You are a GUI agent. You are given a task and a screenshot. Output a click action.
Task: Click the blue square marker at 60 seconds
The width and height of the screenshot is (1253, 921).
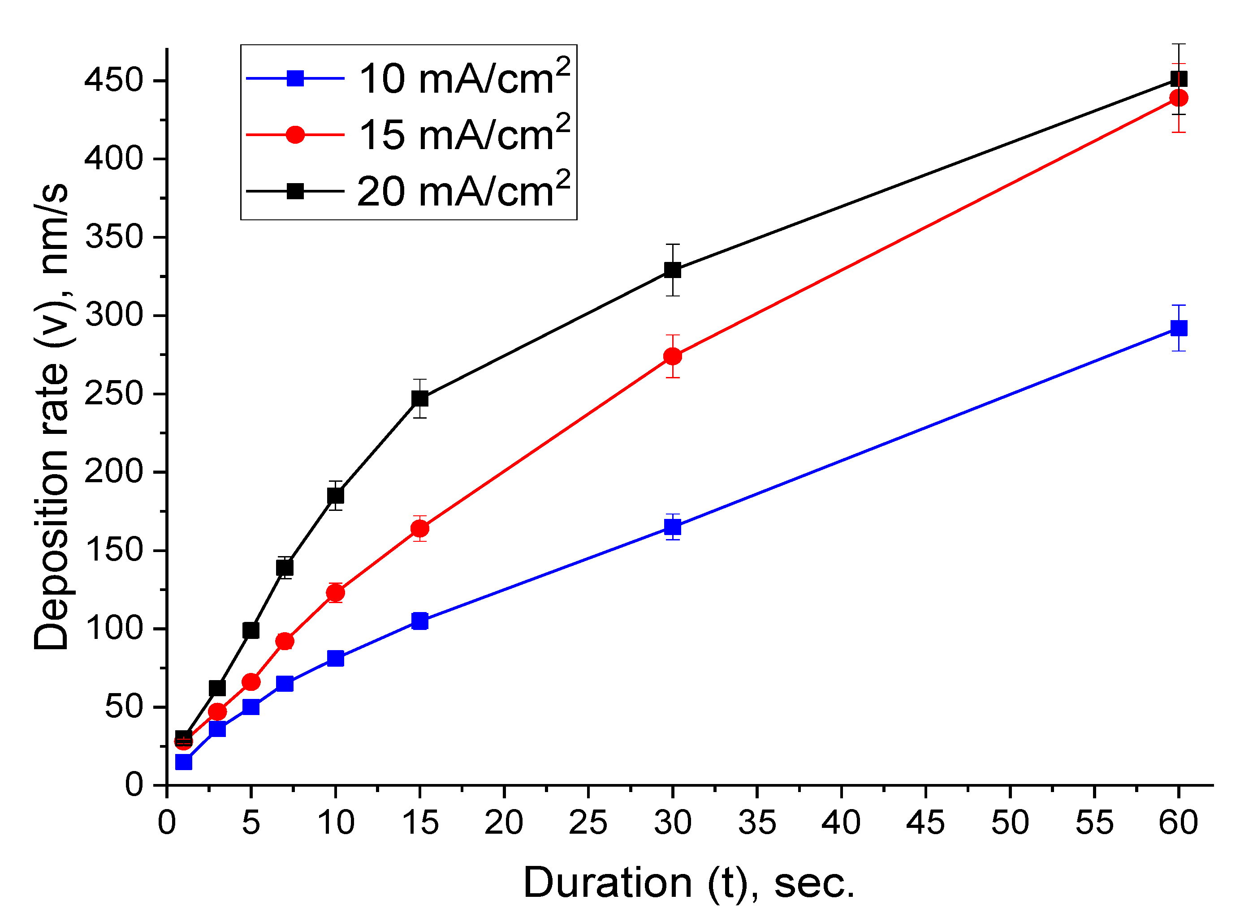point(1178,328)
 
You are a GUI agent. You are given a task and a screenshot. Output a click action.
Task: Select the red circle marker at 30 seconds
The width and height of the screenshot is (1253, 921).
point(672,356)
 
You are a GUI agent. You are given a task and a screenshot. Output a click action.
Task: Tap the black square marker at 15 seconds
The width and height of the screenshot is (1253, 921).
point(419,398)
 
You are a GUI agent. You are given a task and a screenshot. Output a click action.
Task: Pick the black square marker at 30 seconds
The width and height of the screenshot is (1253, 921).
point(672,270)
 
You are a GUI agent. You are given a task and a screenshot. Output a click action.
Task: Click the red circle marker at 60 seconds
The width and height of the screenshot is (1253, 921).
point(1178,98)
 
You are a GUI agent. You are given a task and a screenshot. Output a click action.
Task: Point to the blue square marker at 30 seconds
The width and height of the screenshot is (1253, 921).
point(672,527)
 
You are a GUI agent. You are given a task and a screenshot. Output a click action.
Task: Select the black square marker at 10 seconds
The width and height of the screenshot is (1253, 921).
point(335,496)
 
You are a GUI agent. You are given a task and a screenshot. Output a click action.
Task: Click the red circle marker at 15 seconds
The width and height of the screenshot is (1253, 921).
point(419,528)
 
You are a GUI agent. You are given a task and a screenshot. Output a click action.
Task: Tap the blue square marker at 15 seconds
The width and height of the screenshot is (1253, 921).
point(419,621)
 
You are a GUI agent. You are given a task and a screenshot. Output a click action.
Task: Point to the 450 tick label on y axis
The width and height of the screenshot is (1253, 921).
point(114,80)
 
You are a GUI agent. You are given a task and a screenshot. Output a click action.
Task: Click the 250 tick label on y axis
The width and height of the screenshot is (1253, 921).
point(114,394)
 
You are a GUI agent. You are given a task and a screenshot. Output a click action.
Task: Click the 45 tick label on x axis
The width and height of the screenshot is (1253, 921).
point(925,823)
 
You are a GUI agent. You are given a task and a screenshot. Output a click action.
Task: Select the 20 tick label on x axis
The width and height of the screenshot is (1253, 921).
point(504,823)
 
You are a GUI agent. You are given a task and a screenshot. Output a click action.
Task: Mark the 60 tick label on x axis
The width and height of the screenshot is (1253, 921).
point(1178,823)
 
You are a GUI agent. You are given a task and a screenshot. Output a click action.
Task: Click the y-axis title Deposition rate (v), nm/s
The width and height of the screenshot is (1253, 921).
point(52,416)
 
